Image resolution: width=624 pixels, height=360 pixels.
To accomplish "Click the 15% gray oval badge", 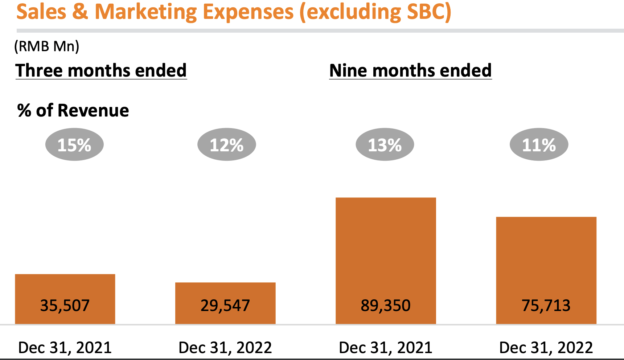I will coord(74,145).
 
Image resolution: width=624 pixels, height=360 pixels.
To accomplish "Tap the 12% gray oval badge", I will coord(226,145).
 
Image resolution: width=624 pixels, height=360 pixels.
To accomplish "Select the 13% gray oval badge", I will coord(385,145).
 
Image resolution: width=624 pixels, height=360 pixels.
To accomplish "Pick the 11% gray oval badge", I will coord(539,145).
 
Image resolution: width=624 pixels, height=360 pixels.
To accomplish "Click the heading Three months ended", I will coord(101,70).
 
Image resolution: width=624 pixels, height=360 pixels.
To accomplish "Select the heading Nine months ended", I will coord(410,70).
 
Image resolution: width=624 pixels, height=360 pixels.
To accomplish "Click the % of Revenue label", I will coord(73,110).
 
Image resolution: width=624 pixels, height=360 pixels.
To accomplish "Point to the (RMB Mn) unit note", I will coord(46,46).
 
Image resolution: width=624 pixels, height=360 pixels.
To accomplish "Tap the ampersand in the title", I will coord(80,12).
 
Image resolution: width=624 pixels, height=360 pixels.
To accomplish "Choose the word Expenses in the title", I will coord(248,12).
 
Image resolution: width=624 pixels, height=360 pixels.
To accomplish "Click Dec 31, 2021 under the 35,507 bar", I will coord(65,347).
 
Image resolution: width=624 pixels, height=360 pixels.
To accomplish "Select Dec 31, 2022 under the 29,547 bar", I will coord(225,347).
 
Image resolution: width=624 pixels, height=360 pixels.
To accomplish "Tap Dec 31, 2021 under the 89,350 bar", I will coord(386,347).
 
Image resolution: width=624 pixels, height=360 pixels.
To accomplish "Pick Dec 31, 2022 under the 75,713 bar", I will coord(546,347).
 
